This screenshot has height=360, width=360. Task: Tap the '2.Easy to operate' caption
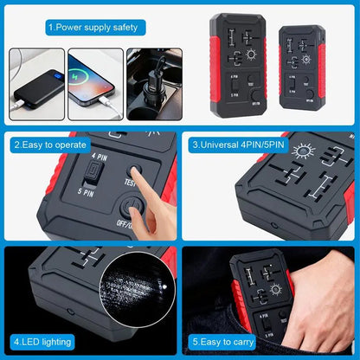pyautogui.click(x=52, y=145)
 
